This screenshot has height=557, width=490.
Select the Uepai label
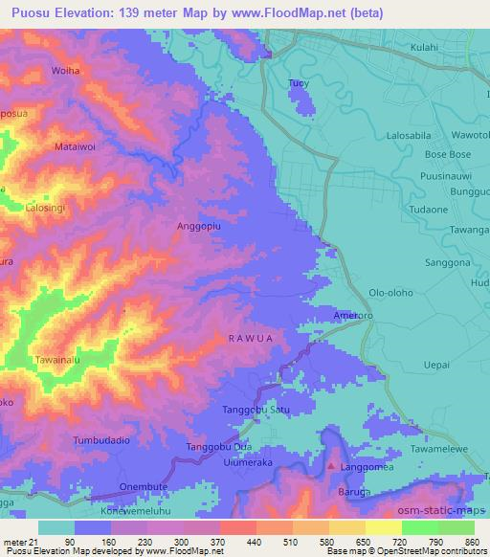click(x=436, y=366)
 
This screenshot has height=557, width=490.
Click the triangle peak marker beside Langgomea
click(x=332, y=466)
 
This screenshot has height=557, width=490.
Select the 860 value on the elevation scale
click(x=472, y=541)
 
